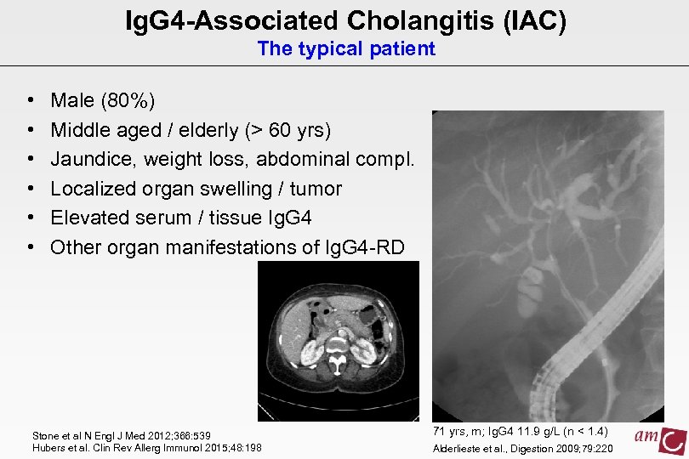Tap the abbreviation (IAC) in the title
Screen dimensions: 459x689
[x=529, y=20]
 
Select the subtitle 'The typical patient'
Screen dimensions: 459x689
[x=346, y=49]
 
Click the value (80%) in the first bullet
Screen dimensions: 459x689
[x=128, y=101]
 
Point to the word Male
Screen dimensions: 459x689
[x=73, y=101]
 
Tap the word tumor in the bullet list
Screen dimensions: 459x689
[x=316, y=189]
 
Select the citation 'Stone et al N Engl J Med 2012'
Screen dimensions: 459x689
[x=120, y=435]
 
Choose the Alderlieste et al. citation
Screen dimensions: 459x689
[x=523, y=448]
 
